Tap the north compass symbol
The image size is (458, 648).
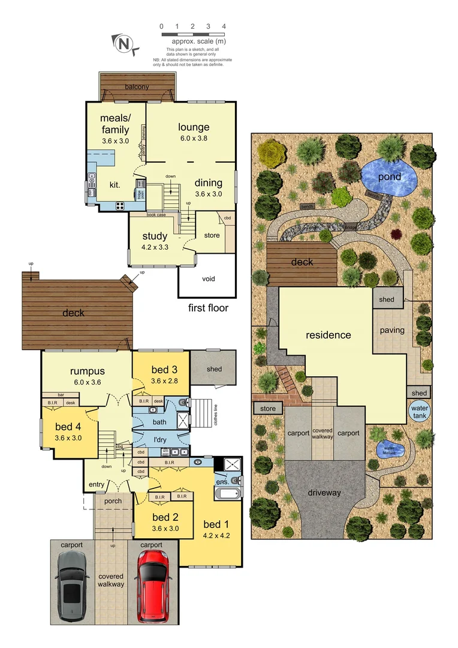pyautogui.click(x=124, y=43)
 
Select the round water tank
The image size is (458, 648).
pyautogui.click(x=419, y=412)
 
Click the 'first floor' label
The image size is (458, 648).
pyautogui.click(x=208, y=308)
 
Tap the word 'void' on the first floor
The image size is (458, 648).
pyautogui.click(x=207, y=278)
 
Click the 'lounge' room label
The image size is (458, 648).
pyautogui.click(x=194, y=127)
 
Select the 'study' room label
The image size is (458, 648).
pyautogui.click(x=155, y=236)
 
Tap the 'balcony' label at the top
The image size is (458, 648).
pyautogui.click(x=137, y=87)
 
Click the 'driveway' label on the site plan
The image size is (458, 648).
pyautogui.click(x=324, y=493)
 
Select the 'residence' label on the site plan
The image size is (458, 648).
pyautogui.click(x=328, y=335)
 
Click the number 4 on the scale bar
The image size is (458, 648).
pyautogui.click(x=224, y=26)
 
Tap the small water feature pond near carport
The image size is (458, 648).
pyautogui.click(x=390, y=448)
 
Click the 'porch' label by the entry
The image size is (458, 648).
pyautogui.click(x=113, y=501)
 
